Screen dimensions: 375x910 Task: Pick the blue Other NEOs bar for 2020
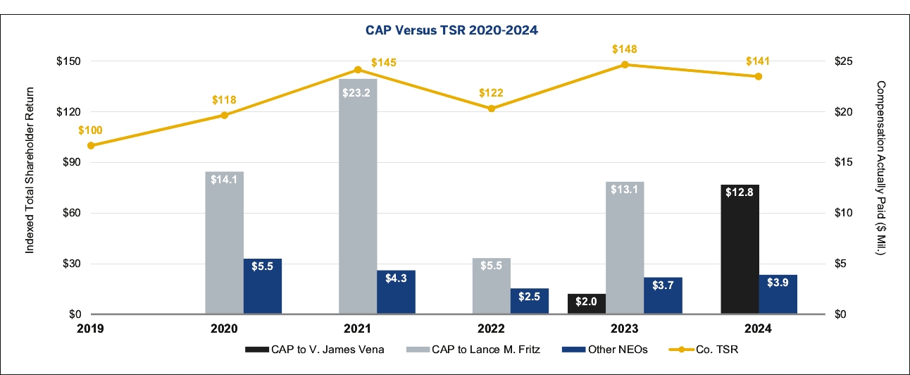click(263, 286)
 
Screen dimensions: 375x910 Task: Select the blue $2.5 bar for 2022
click(530, 301)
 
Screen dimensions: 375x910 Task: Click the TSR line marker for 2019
click(91, 145)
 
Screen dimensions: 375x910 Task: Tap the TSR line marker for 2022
click(492, 109)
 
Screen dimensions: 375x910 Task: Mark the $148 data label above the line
click(625, 49)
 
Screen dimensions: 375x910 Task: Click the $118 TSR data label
click(225, 99)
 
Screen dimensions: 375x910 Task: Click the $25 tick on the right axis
click(843, 61)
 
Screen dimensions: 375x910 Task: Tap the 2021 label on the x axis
click(358, 328)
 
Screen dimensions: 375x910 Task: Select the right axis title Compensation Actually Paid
click(880, 187)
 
